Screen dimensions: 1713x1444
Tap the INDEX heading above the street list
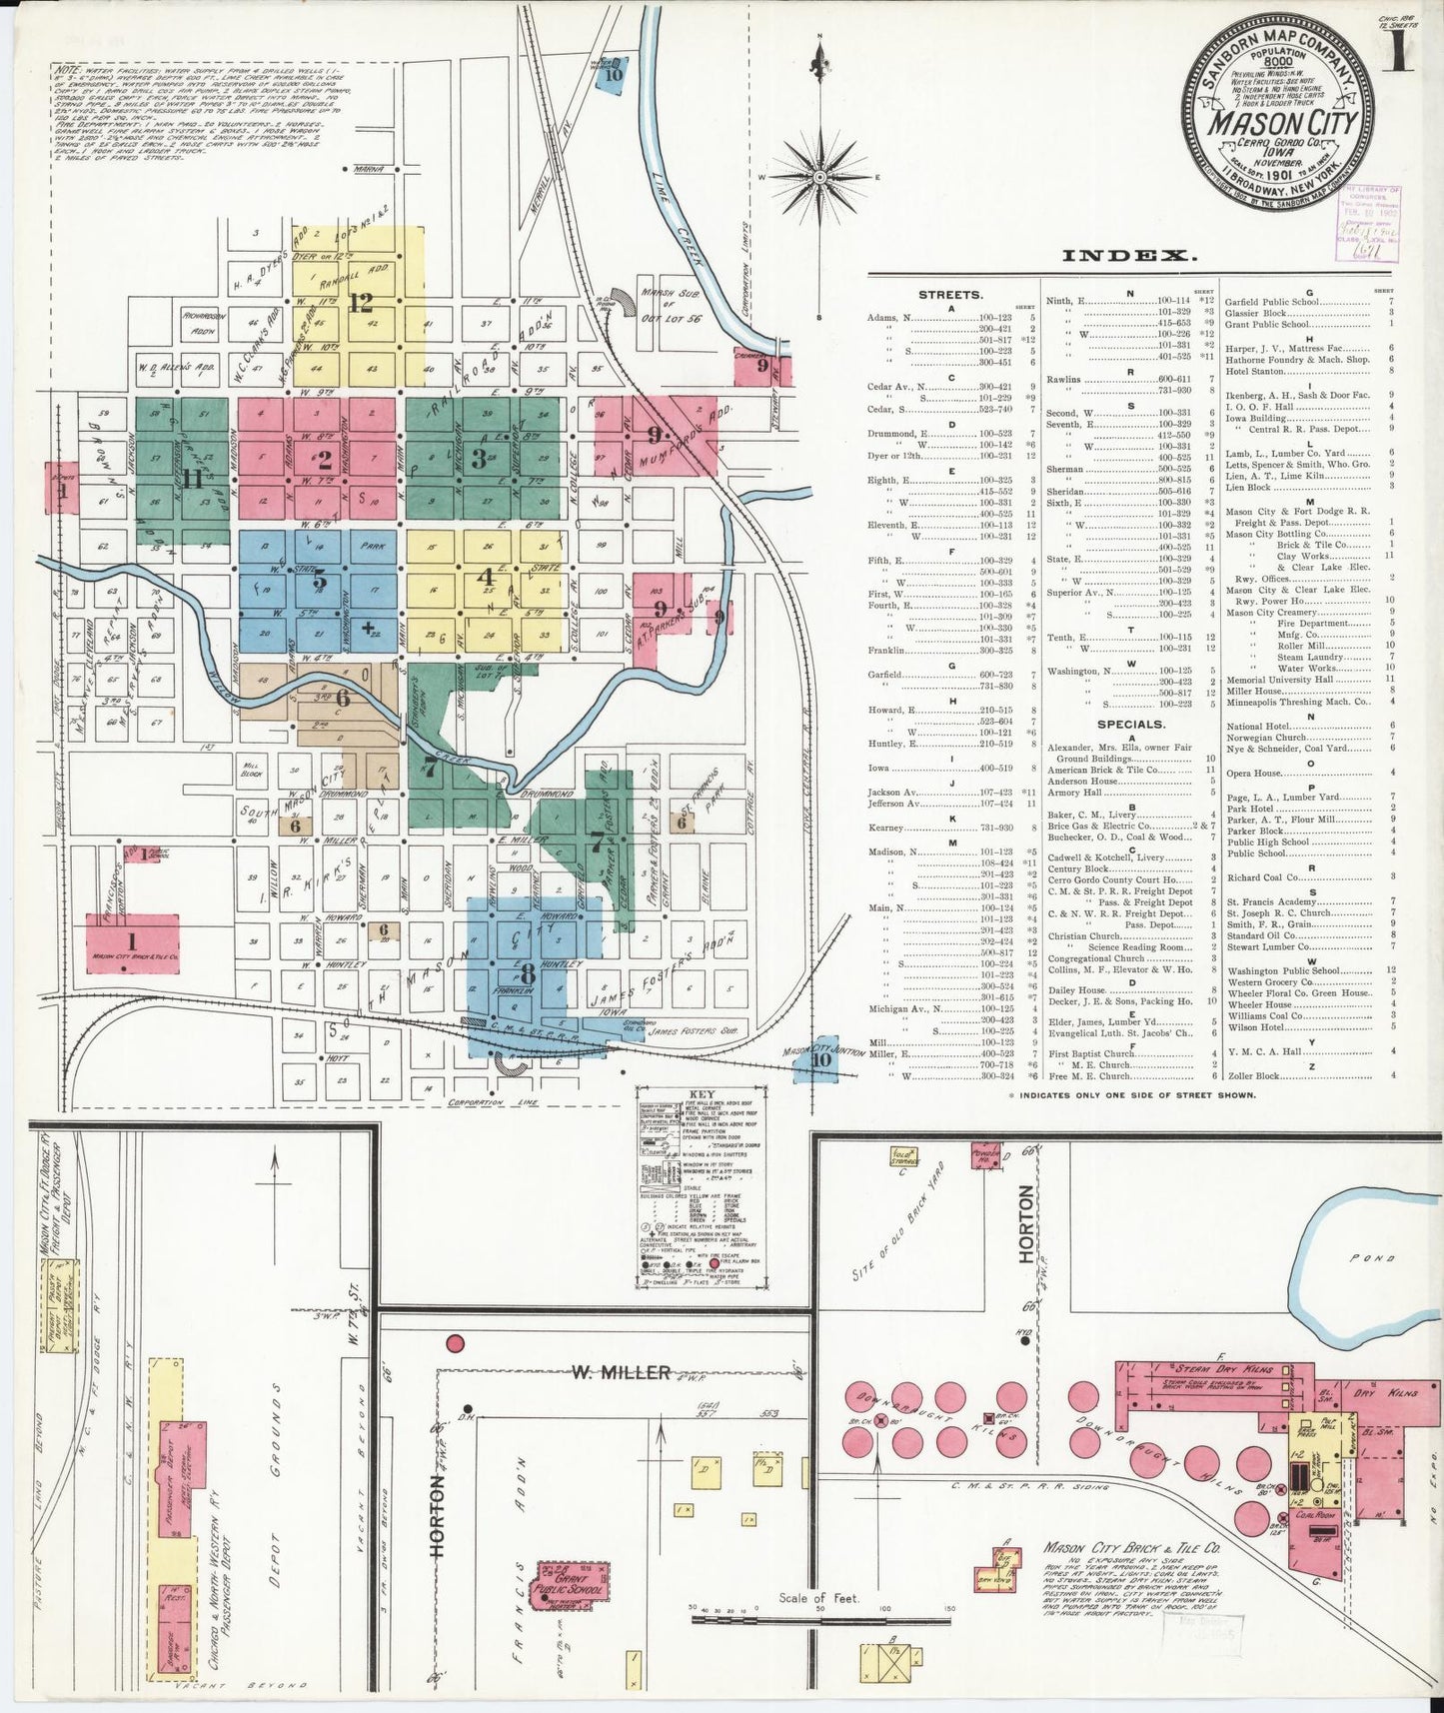1129,256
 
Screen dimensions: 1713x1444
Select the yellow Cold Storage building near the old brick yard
904,1156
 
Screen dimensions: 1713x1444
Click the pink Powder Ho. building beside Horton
985,1154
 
